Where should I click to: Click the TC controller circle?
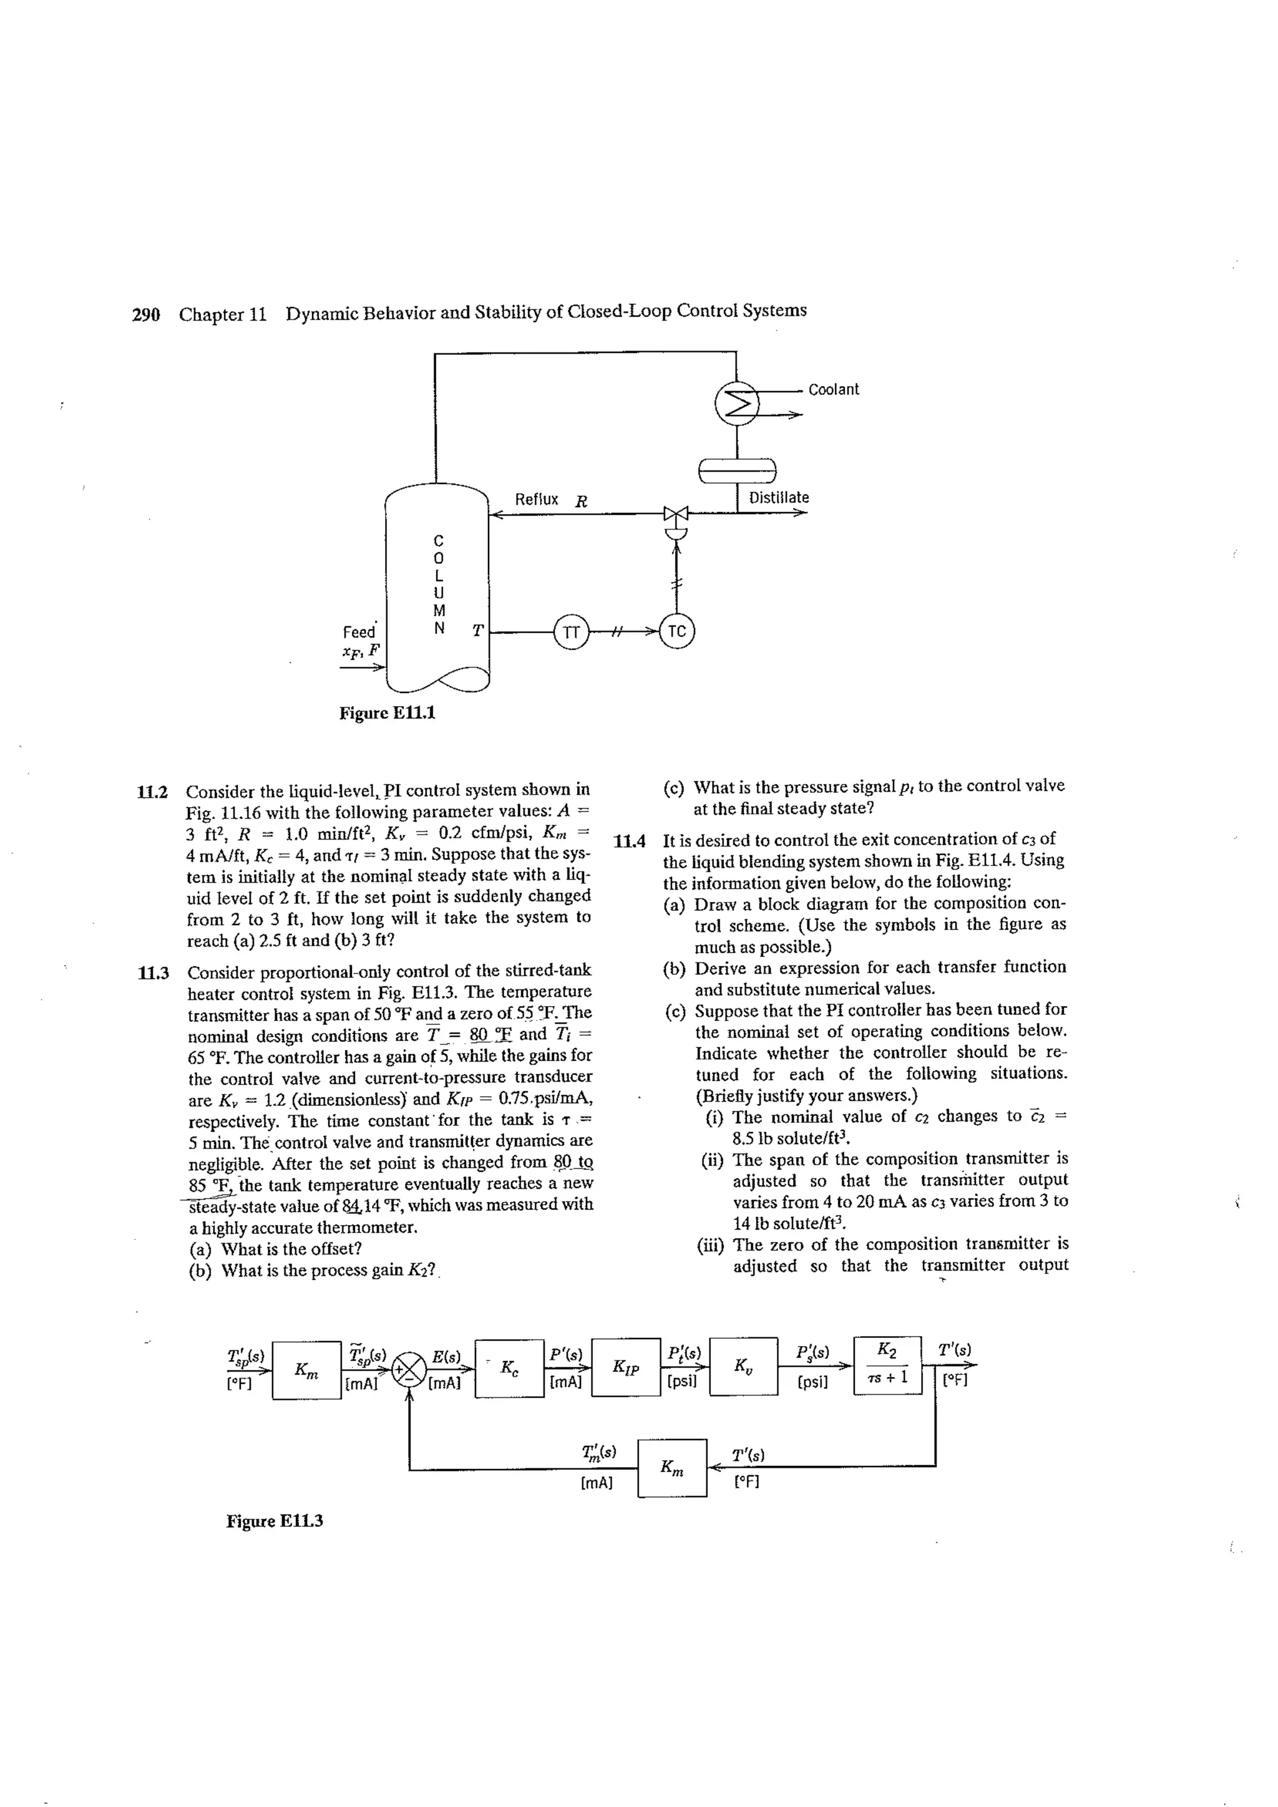click(x=677, y=631)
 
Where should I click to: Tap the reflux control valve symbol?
click(x=676, y=515)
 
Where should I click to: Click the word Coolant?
click(x=833, y=390)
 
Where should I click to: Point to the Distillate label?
click(x=778, y=497)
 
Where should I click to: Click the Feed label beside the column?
click(x=359, y=632)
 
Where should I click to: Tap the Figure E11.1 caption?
click(x=387, y=713)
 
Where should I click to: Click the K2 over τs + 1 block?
click(x=887, y=1365)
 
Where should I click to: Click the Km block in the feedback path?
click(x=671, y=1468)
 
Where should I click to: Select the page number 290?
click(x=145, y=315)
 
